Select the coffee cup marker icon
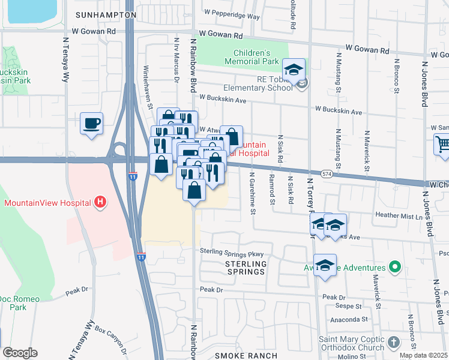91,124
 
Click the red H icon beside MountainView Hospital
101,203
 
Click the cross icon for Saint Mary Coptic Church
393,342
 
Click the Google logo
19,353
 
